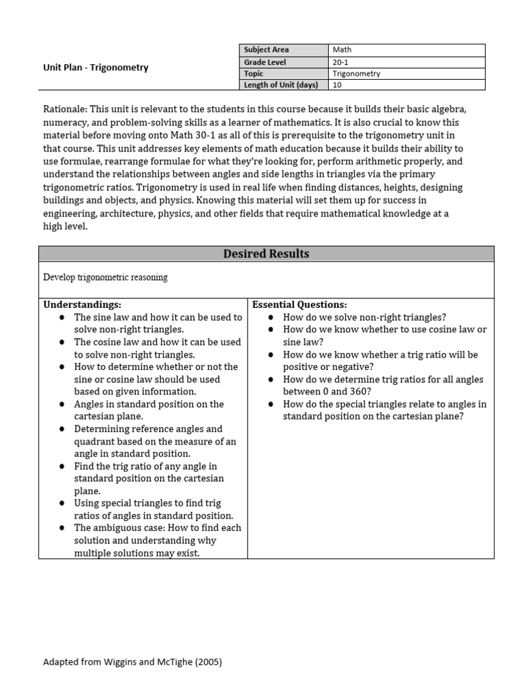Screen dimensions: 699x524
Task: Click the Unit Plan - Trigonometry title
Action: click(x=96, y=68)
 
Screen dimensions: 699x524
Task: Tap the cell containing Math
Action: click(x=406, y=50)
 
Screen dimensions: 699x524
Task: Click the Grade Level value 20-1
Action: click(x=406, y=61)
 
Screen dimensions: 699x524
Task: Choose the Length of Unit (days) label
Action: click(x=283, y=85)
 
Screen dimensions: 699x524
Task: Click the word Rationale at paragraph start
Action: click(x=64, y=109)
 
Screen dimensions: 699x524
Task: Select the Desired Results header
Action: click(x=266, y=254)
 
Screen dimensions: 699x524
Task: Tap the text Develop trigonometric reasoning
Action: click(x=105, y=277)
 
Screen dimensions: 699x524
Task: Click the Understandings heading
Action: click(x=83, y=304)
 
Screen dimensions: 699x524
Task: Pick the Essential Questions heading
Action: click(x=300, y=304)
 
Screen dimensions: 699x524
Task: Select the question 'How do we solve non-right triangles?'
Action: click(x=364, y=317)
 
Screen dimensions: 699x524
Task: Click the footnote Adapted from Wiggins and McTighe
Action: click(x=132, y=661)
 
